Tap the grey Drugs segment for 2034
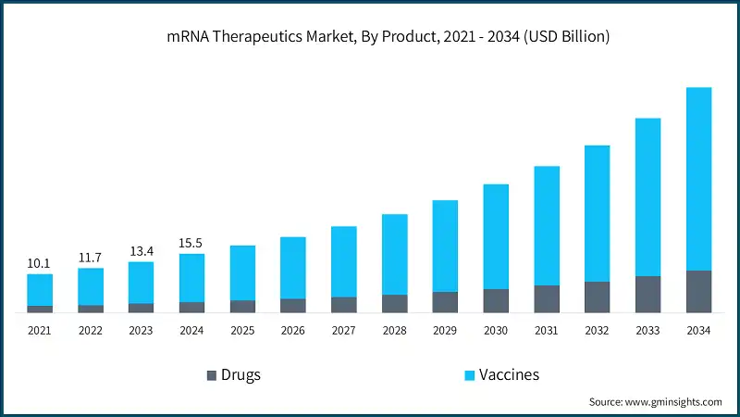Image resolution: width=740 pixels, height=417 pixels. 698,291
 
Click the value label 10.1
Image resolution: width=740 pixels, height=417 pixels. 39,264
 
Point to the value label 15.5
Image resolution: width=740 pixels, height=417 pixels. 191,244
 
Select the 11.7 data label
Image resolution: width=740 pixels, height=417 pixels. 90,258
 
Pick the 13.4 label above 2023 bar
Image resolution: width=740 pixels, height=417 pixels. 141,251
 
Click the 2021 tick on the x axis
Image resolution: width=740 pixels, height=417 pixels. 39,330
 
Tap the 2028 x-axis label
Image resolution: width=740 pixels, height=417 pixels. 394,330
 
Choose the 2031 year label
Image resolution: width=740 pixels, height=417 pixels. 547,330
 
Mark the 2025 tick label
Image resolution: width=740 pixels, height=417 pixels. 242,330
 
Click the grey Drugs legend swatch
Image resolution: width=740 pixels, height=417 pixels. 212,375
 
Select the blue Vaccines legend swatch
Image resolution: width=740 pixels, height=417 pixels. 469,375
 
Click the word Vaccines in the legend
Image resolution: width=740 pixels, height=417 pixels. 509,375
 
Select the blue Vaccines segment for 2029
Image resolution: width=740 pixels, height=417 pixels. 445,246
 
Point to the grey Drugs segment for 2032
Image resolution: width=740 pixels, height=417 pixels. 597,297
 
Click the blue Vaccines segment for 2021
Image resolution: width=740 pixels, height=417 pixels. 39,289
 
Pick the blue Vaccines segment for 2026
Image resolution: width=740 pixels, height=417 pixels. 293,268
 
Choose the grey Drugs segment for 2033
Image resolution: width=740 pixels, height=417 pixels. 647,294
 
